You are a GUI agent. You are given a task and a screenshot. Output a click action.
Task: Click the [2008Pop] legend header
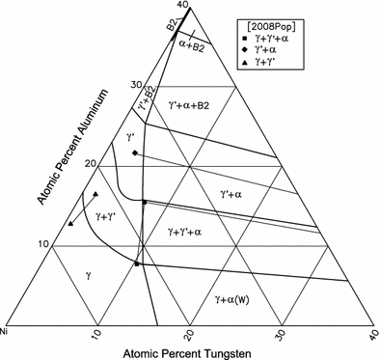(x=270, y=27)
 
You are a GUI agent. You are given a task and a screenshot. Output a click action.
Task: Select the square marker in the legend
(x=244, y=39)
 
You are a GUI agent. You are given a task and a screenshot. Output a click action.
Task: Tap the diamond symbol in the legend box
(x=244, y=50)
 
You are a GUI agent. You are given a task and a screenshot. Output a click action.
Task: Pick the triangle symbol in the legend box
(x=244, y=63)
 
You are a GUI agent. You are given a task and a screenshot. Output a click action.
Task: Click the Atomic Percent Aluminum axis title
(x=72, y=147)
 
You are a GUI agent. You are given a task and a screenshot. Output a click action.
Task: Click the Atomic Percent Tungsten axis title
(x=186, y=353)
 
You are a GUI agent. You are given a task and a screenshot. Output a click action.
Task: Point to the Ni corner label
(x=4, y=330)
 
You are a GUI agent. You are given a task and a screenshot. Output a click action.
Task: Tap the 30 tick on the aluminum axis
(x=136, y=85)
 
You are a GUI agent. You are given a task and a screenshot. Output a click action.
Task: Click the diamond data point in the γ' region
(x=135, y=152)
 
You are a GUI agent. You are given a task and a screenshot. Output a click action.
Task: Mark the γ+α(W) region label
(x=232, y=300)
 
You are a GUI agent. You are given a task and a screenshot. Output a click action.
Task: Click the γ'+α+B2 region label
(x=189, y=105)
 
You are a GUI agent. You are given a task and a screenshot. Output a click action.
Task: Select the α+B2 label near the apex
(x=191, y=47)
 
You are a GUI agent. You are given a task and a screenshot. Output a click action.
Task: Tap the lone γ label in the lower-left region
(x=89, y=276)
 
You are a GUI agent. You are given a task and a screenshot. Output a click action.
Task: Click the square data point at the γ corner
(x=137, y=264)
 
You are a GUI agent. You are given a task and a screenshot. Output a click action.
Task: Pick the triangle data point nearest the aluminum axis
(x=70, y=224)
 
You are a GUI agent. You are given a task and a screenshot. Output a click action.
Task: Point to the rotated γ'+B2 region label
(x=148, y=98)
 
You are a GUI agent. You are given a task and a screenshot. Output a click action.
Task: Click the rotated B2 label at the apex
(x=172, y=25)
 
